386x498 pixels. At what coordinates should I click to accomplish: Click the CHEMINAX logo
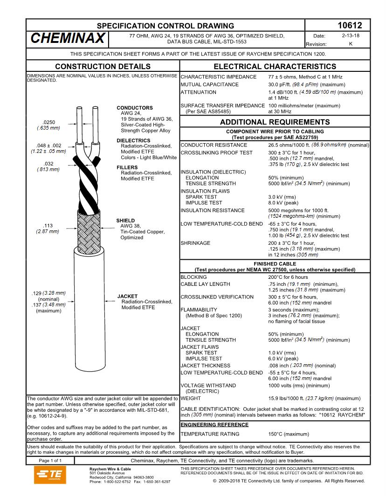(68, 39)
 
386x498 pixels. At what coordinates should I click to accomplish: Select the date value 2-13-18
(350, 35)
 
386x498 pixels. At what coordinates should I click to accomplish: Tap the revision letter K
(350, 44)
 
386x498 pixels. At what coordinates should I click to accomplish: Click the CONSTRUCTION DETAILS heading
(103, 67)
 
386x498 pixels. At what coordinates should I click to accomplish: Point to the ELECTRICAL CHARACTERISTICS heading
(275, 67)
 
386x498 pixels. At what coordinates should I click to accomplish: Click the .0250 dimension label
(48, 122)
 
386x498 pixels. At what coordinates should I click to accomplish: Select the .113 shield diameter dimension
(48, 226)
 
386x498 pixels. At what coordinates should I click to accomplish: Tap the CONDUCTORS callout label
(135, 108)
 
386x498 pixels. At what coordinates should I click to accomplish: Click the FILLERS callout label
(127, 167)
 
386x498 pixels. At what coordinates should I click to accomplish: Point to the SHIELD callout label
(125, 221)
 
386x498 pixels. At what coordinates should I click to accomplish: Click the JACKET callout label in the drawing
(127, 296)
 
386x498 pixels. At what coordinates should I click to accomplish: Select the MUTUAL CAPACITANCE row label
(209, 84)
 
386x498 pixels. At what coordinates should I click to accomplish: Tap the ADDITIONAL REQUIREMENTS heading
(275, 122)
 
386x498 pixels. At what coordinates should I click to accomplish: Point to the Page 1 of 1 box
(50, 461)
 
